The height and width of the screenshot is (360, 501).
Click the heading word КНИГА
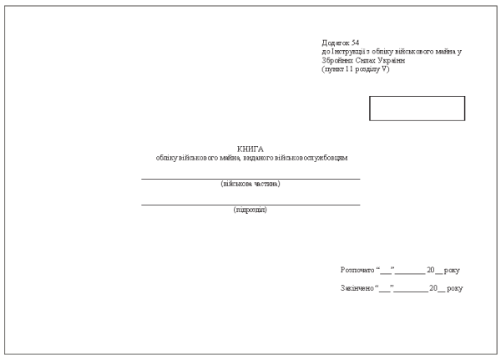[x=250, y=150]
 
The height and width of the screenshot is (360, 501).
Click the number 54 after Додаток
[x=355, y=43]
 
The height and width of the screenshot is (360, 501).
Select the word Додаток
[x=336, y=43]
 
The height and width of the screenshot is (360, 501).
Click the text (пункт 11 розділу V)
[x=356, y=69]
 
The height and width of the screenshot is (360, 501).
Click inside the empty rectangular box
[x=417, y=109]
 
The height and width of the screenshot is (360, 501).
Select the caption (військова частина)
[x=250, y=184]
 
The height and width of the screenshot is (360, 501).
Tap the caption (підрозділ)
[x=250, y=210]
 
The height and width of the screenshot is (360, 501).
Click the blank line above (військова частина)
[x=250, y=179]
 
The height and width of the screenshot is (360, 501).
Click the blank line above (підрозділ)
[x=250, y=205]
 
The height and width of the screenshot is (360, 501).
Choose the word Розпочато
[x=357, y=270]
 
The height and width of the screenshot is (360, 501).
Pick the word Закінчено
[x=357, y=288]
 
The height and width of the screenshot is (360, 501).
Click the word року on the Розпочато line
[x=452, y=271]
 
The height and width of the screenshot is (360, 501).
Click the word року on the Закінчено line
[x=455, y=288]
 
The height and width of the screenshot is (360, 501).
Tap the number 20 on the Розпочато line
[x=431, y=270]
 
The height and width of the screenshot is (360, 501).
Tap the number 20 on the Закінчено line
[x=433, y=287]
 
